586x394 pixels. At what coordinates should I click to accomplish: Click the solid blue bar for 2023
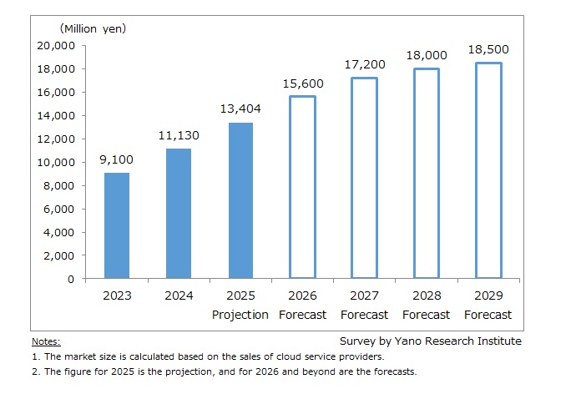point(117,225)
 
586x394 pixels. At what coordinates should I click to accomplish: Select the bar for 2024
point(179,214)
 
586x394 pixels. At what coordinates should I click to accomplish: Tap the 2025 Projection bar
point(240,200)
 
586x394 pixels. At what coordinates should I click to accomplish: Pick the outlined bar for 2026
point(302,187)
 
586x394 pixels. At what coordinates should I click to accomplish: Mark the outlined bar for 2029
point(488,170)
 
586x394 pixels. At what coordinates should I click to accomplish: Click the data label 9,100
point(117,159)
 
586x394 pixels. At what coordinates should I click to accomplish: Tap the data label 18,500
point(488,50)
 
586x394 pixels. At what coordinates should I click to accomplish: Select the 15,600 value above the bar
point(302,83)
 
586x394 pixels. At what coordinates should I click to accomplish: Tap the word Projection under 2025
point(240,315)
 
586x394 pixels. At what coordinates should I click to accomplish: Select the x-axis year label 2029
point(488,295)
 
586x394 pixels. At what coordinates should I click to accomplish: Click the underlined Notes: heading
point(46,341)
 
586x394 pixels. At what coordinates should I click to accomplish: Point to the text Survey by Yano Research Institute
point(430,341)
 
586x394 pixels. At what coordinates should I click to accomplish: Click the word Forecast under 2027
point(364,315)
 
